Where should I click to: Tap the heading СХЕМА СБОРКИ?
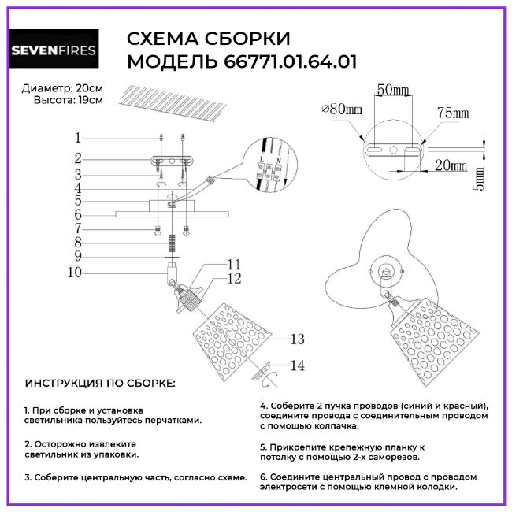pyautogui.click(x=208, y=39)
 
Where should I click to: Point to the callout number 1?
pyautogui.click(x=78, y=137)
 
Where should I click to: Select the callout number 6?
pyautogui.click(x=78, y=213)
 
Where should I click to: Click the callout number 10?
pyautogui.click(x=75, y=273)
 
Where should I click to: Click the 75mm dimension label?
pyautogui.click(x=453, y=113)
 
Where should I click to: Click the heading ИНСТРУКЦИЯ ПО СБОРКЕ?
pyautogui.click(x=100, y=383)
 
